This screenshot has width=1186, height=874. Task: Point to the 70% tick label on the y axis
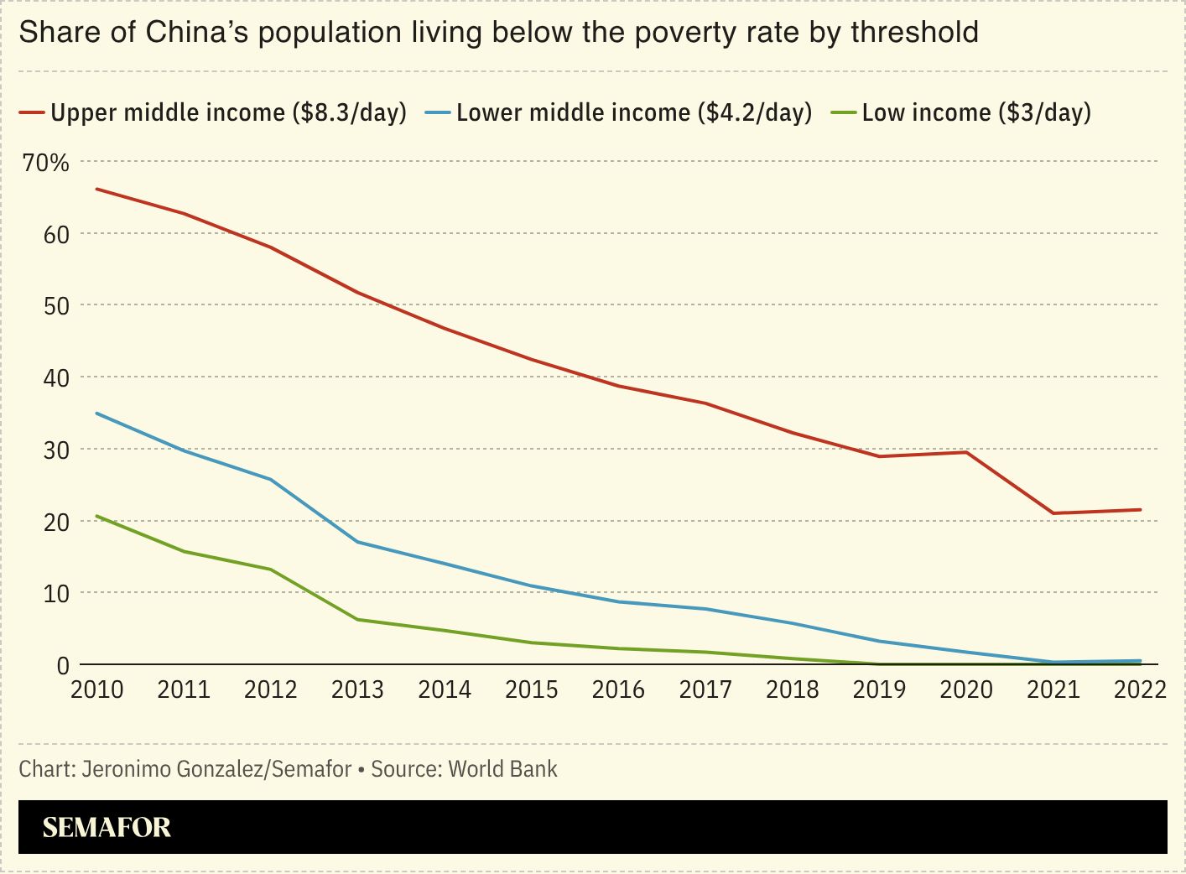46,162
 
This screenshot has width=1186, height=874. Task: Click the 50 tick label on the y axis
56,305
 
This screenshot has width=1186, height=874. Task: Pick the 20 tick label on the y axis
56,522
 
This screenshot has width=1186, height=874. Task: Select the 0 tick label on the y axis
63,665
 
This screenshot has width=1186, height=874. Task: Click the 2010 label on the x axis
96,689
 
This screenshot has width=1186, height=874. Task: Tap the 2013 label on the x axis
357,689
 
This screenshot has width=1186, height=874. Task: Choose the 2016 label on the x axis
618,689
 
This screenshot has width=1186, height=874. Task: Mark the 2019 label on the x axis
879,689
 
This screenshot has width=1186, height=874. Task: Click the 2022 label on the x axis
1139,689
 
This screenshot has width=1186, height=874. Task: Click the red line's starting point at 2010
97,190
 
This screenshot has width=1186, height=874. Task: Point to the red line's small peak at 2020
966,452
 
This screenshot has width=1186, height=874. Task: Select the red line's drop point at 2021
1053,513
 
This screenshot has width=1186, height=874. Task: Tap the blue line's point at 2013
358,542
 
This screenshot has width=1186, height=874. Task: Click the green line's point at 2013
358,620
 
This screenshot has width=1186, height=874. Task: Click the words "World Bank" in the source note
502,769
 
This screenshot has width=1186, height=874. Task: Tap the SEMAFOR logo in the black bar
107,828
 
